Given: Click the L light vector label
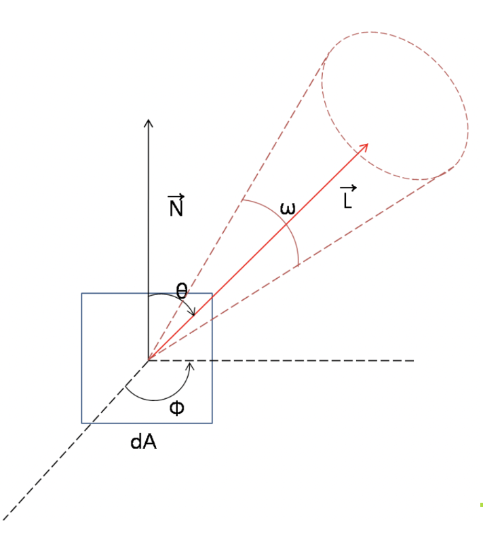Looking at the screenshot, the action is (x=347, y=198).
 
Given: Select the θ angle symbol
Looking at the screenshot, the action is (x=181, y=291).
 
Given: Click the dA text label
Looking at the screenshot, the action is (x=144, y=442).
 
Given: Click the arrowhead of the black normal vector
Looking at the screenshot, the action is (x=149, y=122).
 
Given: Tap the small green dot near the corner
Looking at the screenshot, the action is (x=481, y=505).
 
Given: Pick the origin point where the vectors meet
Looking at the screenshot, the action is (x=149, y=360).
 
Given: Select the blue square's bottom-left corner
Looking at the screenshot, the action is (x=82, y=423).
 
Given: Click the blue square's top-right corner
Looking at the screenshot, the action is (x=212, y=294).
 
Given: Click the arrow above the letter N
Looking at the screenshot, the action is (x=176, y=197).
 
